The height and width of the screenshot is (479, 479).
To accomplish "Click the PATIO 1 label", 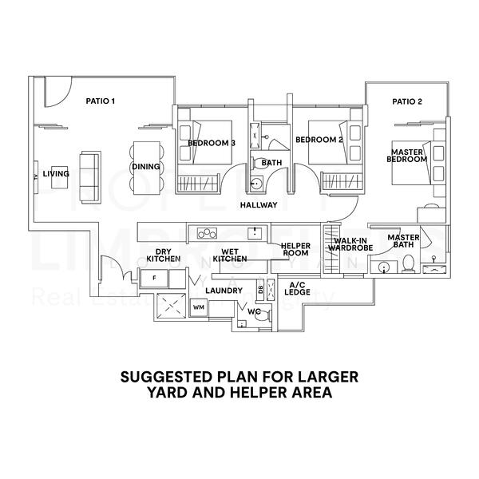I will click(101, 101).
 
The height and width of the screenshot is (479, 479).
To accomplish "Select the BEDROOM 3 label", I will click(212, 143).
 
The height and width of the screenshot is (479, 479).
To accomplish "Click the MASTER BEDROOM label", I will click(407, 153).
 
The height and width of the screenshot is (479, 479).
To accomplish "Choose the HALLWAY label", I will click(259, 205).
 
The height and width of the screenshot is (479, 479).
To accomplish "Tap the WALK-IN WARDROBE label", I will click(350, 244).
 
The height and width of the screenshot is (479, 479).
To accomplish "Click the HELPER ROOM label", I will click(295, 249).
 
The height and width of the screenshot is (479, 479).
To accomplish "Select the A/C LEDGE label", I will click(299, 288).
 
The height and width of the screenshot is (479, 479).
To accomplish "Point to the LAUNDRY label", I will click(224, 291).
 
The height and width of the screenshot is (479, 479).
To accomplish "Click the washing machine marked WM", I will click(199, 306).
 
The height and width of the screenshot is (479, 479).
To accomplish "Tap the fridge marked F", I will click(153, 278).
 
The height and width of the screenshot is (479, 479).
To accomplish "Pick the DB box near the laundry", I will click(260, 290).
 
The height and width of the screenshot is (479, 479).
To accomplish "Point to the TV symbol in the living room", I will click(37, 176).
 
